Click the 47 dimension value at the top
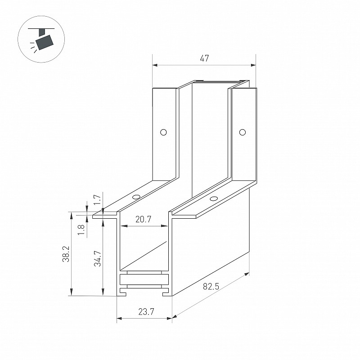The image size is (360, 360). pyautogui.click(x=204, y=58)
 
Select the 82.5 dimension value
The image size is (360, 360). pyautogui.click(x=211, y=286)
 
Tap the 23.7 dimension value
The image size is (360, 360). pyautogui.click(x=146, y=312)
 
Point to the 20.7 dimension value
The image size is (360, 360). pyautogui.click(x=143, y=220)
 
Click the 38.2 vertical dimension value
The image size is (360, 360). pyautogui.click(x=66, y=254)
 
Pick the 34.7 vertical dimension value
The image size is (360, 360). pyautogui.click(x=98, y=258)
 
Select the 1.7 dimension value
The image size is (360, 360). pyautogui.click(x=98, y=199)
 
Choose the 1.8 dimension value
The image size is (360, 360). pyautogui.click(x=81, y=230)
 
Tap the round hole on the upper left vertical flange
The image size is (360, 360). pyautogui.click(x=163, y=132)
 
